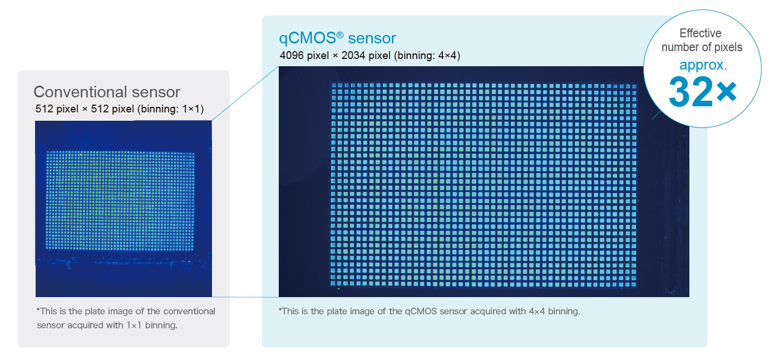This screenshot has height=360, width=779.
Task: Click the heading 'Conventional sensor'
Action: tap(107, 92)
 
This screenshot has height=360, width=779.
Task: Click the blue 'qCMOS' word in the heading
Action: tap(307, 38)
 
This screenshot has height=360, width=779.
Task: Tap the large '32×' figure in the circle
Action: tap(702, 92)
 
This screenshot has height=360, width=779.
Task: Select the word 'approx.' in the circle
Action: tap(703, 66)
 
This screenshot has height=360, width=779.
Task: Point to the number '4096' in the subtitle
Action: tap(292, 55)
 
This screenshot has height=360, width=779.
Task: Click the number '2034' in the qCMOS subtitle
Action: tap(353, 55)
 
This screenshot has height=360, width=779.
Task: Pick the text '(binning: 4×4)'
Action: tap(427, 56)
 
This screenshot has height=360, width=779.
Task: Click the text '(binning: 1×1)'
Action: tap(170, 109)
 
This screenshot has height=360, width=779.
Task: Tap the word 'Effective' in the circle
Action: tap(701, 33)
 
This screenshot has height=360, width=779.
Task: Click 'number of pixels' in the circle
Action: tap(702, 47)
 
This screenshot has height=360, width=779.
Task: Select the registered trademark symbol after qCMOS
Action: tap(340, 35)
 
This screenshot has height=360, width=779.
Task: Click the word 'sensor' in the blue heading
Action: tap(372, 39)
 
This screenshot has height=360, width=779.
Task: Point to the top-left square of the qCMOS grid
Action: tap(334, 85)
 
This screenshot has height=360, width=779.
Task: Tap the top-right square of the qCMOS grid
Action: tap(634, 86)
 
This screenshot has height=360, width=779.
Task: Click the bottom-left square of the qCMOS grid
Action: tap(333, 284)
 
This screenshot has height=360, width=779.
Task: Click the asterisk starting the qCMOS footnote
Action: tap(280, 309)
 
